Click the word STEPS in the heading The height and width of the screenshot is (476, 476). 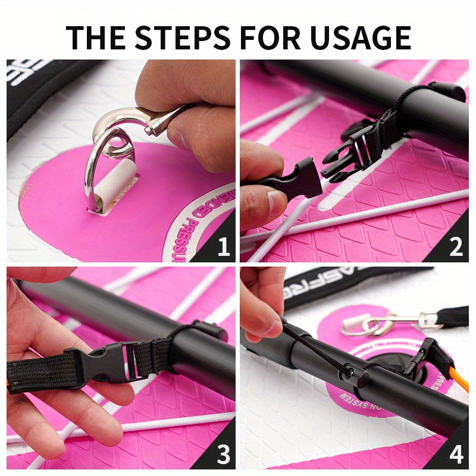point(182,37)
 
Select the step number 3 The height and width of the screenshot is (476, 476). point(223,455)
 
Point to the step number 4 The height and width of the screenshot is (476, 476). point(456,455)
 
